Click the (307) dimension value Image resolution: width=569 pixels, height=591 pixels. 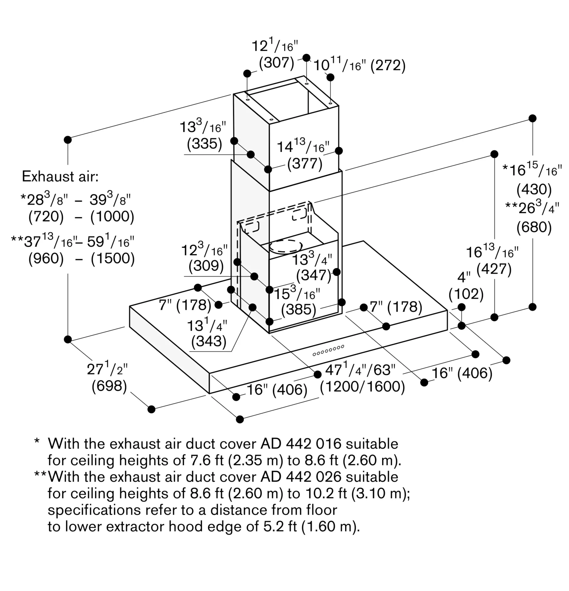tap(276, 63)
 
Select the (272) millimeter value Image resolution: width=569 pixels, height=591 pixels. tap(388, 65)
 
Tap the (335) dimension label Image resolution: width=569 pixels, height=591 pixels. tap(204, 144)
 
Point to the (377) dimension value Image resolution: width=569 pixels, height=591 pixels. tap(305, 164)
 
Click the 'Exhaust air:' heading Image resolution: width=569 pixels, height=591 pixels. tap(60, 176)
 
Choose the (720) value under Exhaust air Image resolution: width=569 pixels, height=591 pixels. tap(46, 217)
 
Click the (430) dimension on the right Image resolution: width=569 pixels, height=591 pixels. tap(534, 189)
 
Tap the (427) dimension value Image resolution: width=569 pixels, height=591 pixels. tap(494, 269)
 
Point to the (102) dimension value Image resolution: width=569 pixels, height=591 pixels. tap(466, 294)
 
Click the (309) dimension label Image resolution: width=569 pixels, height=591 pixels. tap(206, 266)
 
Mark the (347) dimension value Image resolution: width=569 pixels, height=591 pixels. tap(313, 275)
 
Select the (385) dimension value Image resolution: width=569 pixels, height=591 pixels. tap(298, 309)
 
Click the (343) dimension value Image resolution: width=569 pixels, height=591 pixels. tap(209, 341)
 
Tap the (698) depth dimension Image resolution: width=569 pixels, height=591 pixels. tap(109, 386)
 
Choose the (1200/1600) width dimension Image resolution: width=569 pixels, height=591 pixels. tap(362, 387)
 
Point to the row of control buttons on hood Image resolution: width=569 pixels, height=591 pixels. tap(329, 350)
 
